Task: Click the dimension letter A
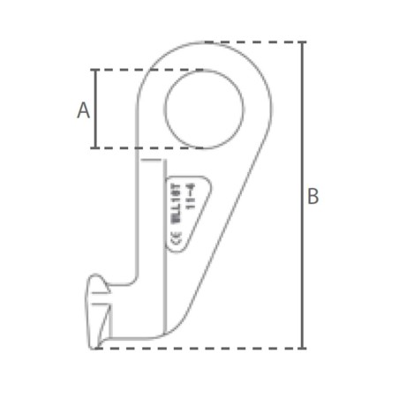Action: pos(84,110)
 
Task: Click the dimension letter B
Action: pos(312,197)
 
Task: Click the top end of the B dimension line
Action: pos(303,42)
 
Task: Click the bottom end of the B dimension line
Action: pos(303,347)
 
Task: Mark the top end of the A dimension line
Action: pos(95,70)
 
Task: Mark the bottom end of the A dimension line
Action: pos(95,147)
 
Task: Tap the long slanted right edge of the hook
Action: pos(234,212)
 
